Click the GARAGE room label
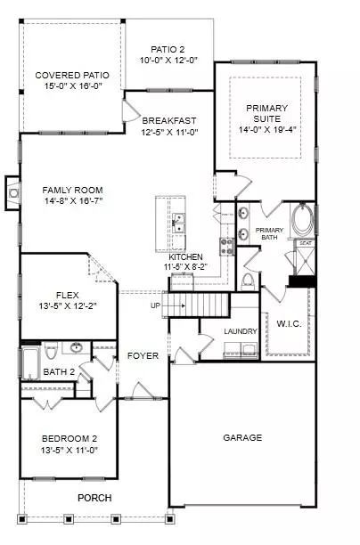pos(242,437)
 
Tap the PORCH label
pos(94,498)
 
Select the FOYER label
pos(143,355)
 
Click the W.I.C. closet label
pos(289,323)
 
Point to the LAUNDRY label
pos(241,331)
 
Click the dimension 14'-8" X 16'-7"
pos(73,200)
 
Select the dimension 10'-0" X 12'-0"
pos(168,61)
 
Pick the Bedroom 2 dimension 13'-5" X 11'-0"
pos(70,450)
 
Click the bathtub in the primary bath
pos(303,220)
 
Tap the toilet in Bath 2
pos(51,351)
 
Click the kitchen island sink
pos(179,224)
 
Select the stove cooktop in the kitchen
pos(227,247)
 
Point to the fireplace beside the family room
pos(12,193)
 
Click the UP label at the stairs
pos(155,305)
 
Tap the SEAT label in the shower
pos(306,243)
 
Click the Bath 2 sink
pos(76,347)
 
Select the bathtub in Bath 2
pos(29,363)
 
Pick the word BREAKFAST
pos(169,120)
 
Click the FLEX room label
pos(68,296)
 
